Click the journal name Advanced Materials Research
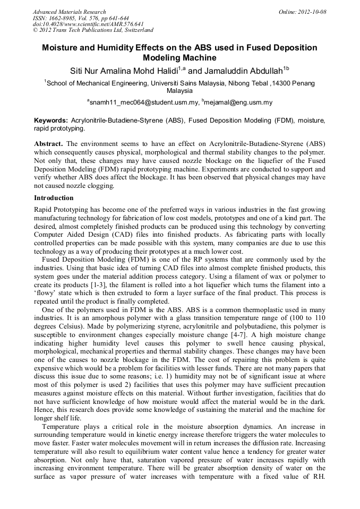pyautogui.click(x=69, y=12)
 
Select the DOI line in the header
pyautogui.click(x=88, y=24)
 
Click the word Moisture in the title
pyautogui.click(x=62, y=48)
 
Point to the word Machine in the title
pyautogui.click(x=198, y=58)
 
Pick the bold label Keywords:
pyautogui.click(x=51, y=121)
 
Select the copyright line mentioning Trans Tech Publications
pyautogui.click(x=93, y=30)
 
